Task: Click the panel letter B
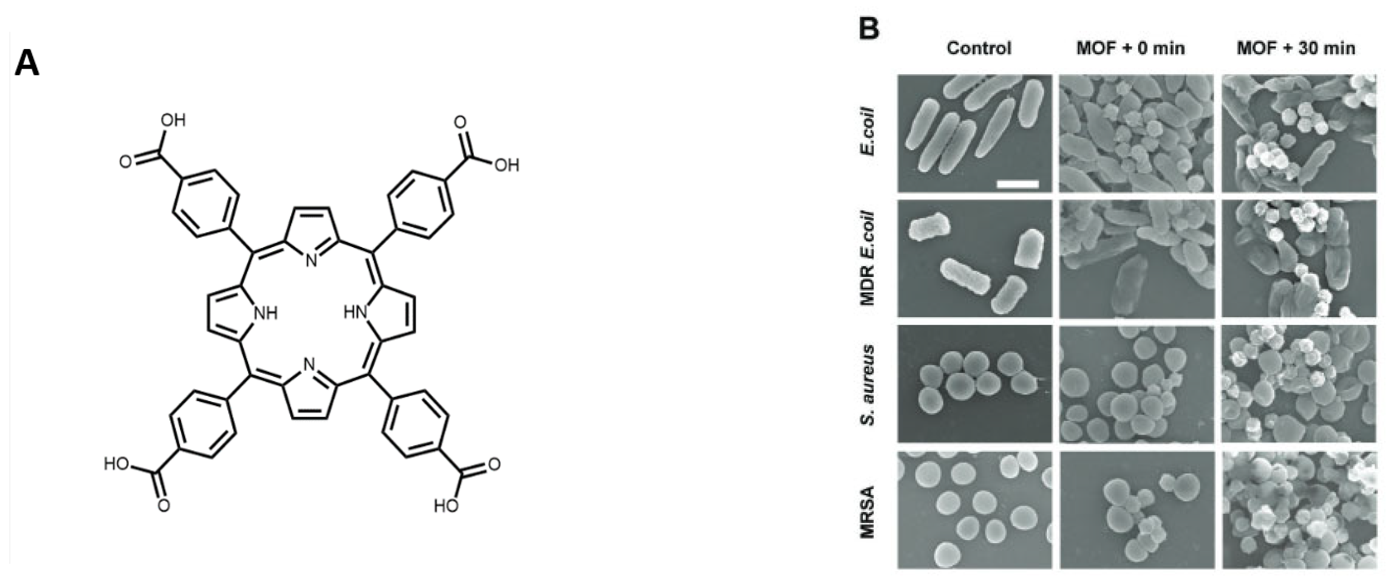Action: pyautogui.click(x=868, y=30)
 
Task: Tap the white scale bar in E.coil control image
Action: pyautogui.click(x=1017, y=184)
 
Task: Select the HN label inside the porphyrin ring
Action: pyautogui.click(x=356, y=313)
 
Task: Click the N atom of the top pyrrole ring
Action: pyautogui.click(x=310, y=261)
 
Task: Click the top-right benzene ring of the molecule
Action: pyautogui.click(x=419, y=204)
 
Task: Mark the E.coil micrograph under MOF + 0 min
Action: pyautogui.click(x=1137, y=133)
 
